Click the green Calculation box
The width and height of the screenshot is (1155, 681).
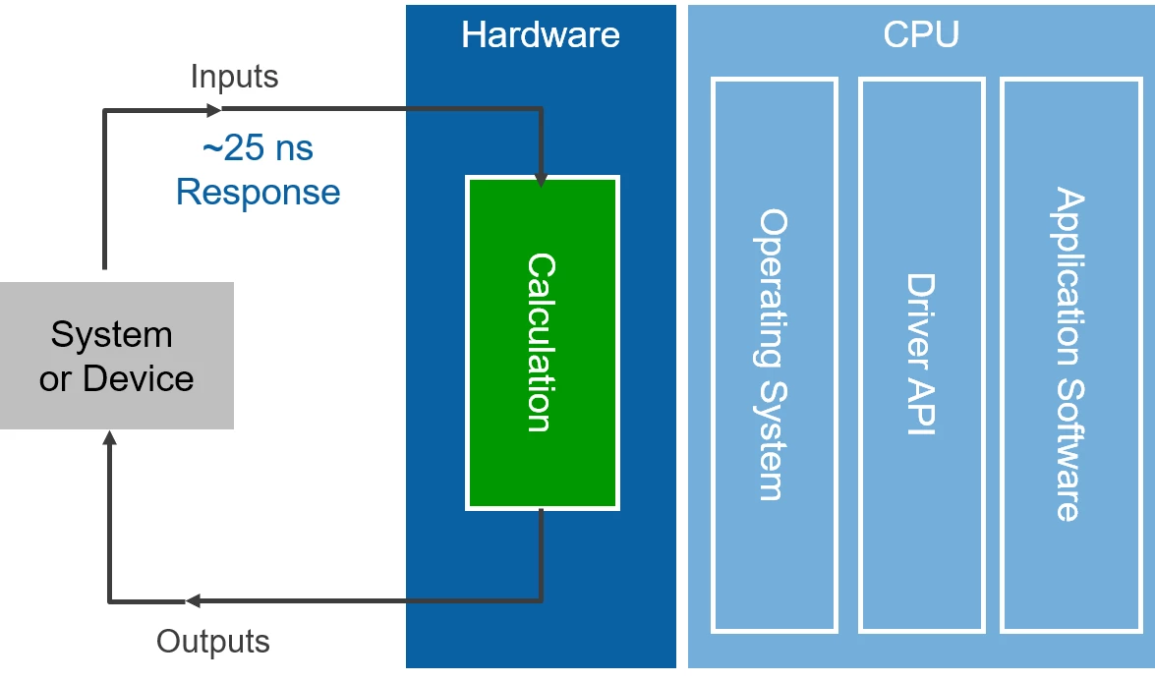(542, 343)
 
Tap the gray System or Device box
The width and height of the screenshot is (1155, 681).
(116, 356)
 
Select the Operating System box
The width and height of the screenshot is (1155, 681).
(774, 355)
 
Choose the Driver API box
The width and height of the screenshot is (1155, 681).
(921, 355)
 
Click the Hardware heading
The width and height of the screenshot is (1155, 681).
(540, 35)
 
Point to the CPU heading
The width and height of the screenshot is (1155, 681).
(921, 35)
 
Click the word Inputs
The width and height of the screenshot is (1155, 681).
(234, 77)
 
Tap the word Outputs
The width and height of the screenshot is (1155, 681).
(213, 642)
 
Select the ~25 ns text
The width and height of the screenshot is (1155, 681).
(258, 148)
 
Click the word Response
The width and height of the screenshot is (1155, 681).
(258, 192)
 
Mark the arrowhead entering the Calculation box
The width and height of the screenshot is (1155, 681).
(541, 180)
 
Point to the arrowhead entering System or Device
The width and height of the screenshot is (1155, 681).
(110, 438)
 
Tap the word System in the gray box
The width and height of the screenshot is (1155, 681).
(112, 335)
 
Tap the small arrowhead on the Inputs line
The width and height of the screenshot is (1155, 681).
(223, 109)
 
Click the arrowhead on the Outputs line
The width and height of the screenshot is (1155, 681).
(193, 600)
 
